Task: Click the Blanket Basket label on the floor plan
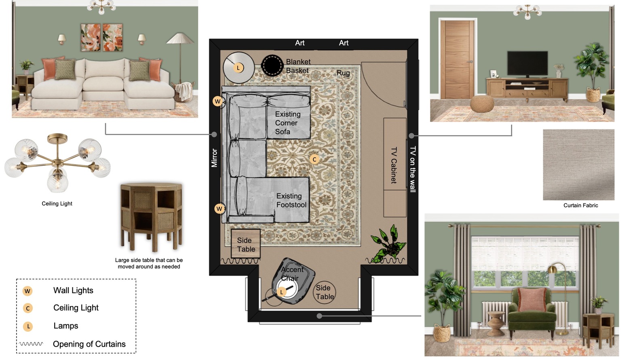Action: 298,66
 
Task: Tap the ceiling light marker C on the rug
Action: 314,159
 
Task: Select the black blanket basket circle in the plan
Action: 272,66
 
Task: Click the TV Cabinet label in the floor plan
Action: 394,165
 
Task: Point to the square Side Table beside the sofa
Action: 246,244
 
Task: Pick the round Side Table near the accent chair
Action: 324,292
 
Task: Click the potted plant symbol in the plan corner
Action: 388,244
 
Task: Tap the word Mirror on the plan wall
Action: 214,158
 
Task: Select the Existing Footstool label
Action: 291,200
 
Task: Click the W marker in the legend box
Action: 27,291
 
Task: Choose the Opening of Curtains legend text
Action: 89,344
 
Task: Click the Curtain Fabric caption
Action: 581,205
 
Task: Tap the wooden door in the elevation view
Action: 457,59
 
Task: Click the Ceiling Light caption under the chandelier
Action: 57,204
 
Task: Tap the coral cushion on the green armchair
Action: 532,300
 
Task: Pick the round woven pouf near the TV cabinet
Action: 482,104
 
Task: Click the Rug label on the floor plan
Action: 343,73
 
